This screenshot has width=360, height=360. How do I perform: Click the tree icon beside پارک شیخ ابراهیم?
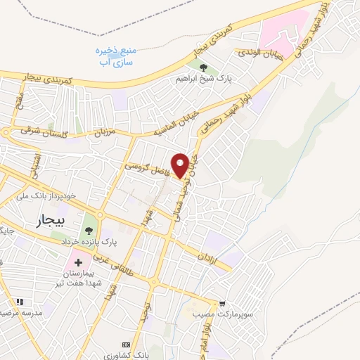click(204, 68)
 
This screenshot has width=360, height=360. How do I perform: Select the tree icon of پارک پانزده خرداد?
click(89, 229)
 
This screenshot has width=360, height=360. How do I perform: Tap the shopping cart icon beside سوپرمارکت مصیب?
click(222, 303)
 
